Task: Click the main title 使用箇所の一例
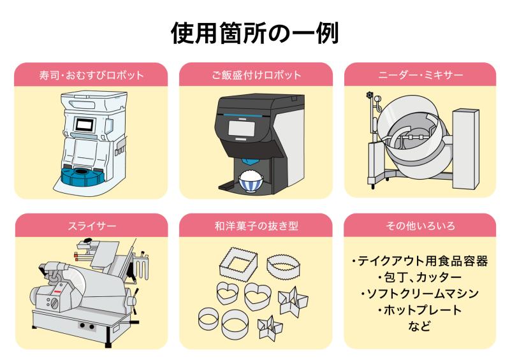255,31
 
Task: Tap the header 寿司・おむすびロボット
91,75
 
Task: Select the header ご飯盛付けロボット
256,75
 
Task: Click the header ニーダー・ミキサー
420,75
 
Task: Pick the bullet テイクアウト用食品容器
420,261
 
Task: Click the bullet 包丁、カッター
420,278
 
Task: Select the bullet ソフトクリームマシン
420,294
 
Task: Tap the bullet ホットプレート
420,310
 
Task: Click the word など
420,326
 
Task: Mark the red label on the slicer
57,294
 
